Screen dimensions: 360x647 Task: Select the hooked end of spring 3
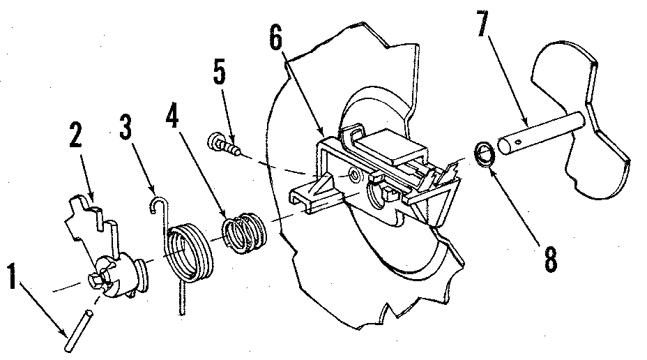pos(158,202)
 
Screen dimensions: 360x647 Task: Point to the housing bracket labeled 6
pos(349,167)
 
